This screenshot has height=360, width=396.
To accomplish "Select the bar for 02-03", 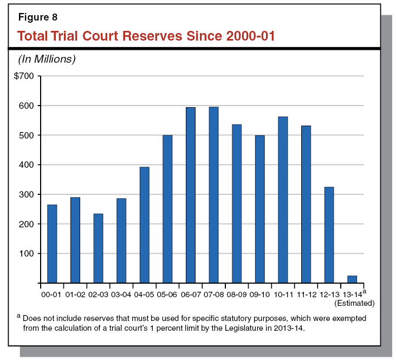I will tap(98, 248).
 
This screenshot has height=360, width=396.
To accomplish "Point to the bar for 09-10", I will tap(259, 209).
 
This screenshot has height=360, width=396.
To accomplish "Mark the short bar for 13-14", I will tap(352, 279).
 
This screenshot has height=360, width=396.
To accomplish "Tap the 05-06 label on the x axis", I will tap(167, 294).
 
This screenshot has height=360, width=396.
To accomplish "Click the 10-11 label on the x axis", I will tap(283, 294).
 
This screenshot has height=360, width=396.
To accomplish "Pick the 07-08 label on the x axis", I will tap(213, 294).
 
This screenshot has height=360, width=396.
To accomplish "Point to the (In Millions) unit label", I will tap(47, 58).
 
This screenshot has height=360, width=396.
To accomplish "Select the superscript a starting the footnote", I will tap(19, 317).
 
